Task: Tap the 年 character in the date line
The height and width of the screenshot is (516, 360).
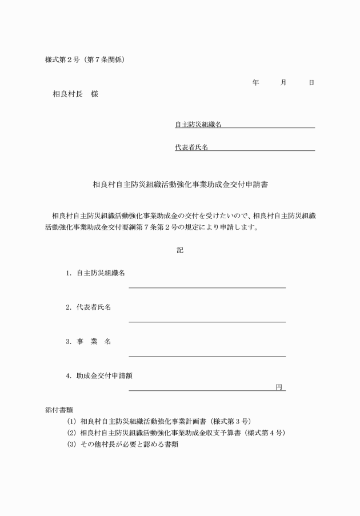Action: point(255,83)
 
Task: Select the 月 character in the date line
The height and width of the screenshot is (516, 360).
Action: point(283,83)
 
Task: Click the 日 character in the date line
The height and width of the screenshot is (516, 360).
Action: point(311,83)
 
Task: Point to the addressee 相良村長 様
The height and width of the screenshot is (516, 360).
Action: point(75,94)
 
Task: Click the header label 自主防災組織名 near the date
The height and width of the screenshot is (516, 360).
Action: point(198,124)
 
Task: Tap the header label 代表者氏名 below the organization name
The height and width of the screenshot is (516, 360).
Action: point(191,147)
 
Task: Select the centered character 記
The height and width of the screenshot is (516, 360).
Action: point(180,250)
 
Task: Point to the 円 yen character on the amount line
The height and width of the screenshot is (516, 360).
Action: point(279,387)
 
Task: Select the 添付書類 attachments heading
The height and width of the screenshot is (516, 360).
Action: point(59,410)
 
